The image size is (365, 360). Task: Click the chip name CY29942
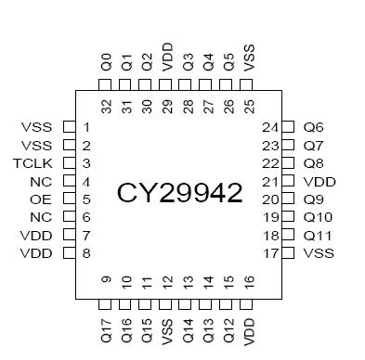(x=179, y=192)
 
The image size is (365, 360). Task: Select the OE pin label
(x=41, y=199)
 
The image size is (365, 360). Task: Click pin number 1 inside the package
(x=86, y=127)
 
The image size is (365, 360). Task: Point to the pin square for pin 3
(x=68, y=163)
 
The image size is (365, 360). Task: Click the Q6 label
(x=313, y=127)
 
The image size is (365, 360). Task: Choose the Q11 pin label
(x=317, y=236)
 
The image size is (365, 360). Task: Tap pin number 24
(x=270, y=127)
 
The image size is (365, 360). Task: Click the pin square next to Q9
(x=289, y=199)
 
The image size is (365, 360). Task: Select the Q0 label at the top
(x=107, y=64)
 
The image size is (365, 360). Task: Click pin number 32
(x=107, y=105)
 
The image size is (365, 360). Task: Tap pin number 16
(x=248, y=281)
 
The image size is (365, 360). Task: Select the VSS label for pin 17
(x=319, y=253)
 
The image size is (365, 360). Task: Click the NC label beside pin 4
(x=40, y=182)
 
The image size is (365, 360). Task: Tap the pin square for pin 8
(x=68, y=253)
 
